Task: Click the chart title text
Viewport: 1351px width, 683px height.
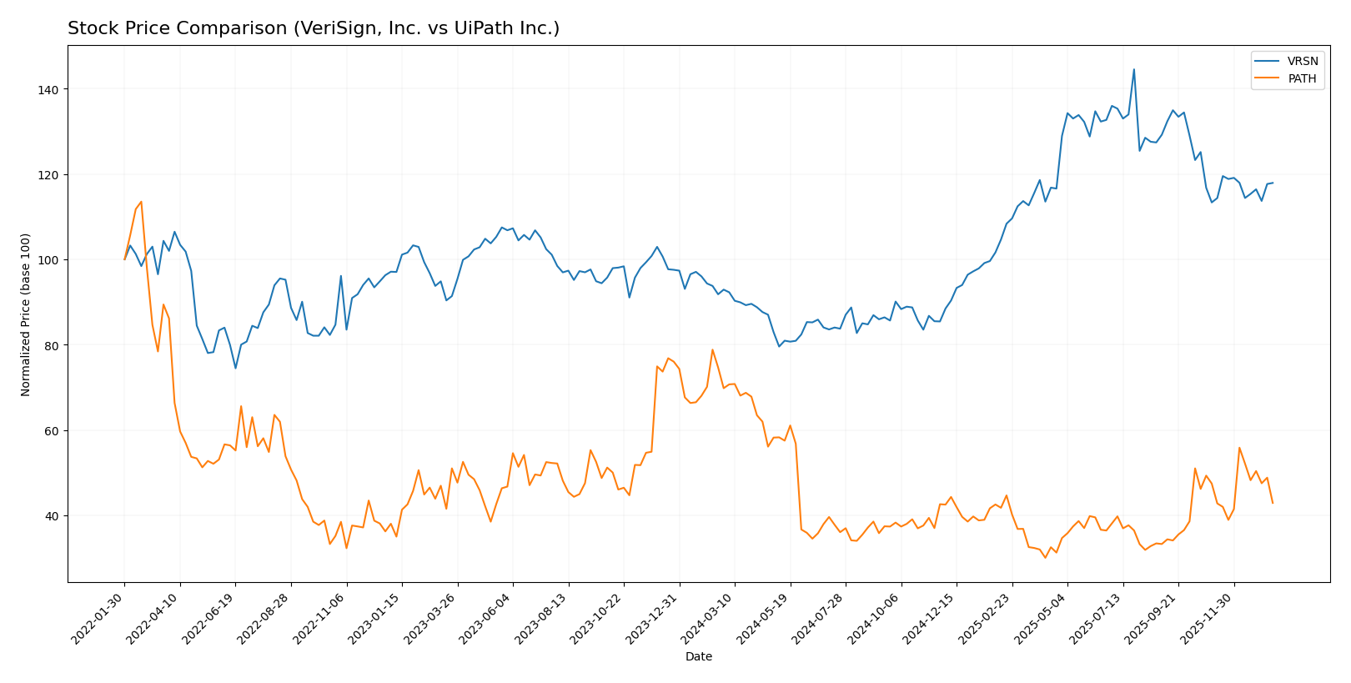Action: (314, 28)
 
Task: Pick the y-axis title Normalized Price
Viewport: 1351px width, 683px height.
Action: (26, 314)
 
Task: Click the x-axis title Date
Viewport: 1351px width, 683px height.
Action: (698, 657)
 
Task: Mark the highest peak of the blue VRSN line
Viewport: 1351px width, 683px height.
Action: (1133, 69)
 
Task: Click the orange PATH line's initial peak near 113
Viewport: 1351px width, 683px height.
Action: (141, 201)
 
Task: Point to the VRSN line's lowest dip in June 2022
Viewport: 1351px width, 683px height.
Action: (235, 368)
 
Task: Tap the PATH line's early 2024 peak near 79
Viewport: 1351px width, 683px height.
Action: (712, 349)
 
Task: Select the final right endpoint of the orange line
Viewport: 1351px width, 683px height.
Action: (1273, 503)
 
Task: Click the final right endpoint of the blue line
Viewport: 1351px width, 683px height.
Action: (1273, 183)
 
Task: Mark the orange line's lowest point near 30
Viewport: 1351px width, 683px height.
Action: (1045, 557)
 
